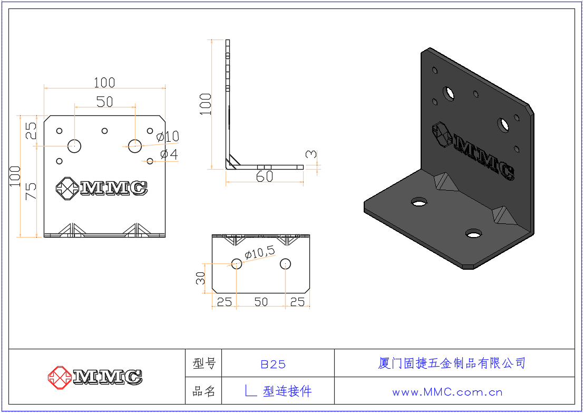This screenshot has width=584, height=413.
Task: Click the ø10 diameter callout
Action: point(168,136)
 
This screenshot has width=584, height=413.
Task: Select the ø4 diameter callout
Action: point(169,154)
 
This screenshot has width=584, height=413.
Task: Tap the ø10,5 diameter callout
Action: point(260,252)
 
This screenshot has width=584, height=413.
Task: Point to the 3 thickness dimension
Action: point(311,154)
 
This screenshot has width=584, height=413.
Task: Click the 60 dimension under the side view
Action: point(265,176)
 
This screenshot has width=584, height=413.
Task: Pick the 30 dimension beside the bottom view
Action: point(200,278)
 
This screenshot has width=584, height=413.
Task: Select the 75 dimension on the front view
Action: point(31,191)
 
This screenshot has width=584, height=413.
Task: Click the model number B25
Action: point(273,364)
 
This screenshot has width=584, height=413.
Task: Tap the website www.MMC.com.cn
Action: point(447,392)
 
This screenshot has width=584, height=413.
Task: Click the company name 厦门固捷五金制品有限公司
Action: point(452,363)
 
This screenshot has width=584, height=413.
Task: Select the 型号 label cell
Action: point(204,363)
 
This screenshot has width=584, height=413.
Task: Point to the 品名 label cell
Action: point(204,391)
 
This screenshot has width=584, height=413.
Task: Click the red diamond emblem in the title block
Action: point(60,378)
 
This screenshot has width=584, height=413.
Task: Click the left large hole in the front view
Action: point(74,146)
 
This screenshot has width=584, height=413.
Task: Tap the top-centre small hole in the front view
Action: point(105,131)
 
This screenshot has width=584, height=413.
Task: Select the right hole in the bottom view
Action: point(285,264)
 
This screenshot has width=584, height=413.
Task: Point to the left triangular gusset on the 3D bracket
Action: point(446,182)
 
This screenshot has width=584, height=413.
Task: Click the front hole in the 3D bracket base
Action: point(473,233)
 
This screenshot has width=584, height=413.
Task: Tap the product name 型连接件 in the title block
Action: point(287,391)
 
